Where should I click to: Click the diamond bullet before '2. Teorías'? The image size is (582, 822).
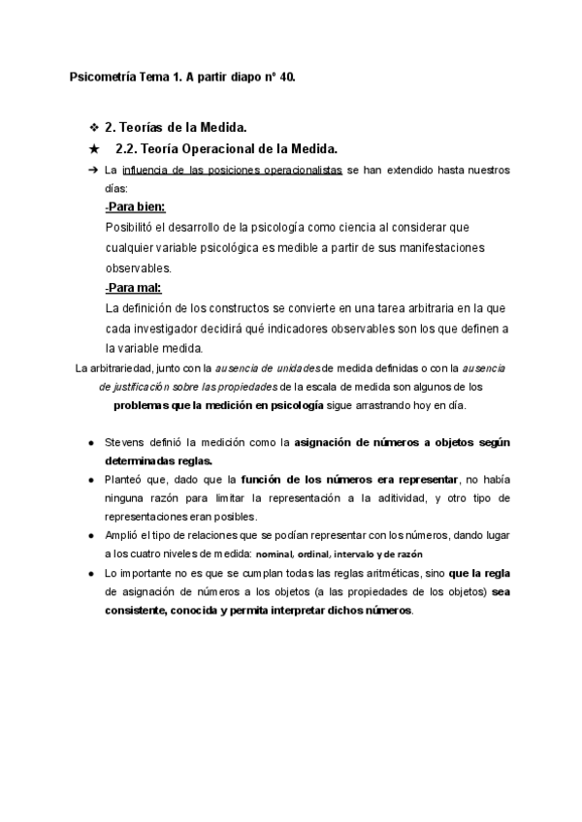(x=93, y=127)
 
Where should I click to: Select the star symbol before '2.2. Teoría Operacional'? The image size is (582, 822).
(x=93, y=148)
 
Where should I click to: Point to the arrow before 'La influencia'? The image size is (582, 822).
(x=93, y=170)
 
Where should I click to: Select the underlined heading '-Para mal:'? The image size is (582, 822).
(x=133, y=289)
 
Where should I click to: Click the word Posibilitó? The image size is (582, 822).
(x=133, y=227)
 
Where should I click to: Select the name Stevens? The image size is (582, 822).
(x=125, y=442)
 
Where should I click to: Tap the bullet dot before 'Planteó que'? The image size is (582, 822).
(x=91, y=480)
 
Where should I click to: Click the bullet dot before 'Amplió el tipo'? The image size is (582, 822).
(x=91, y=535)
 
